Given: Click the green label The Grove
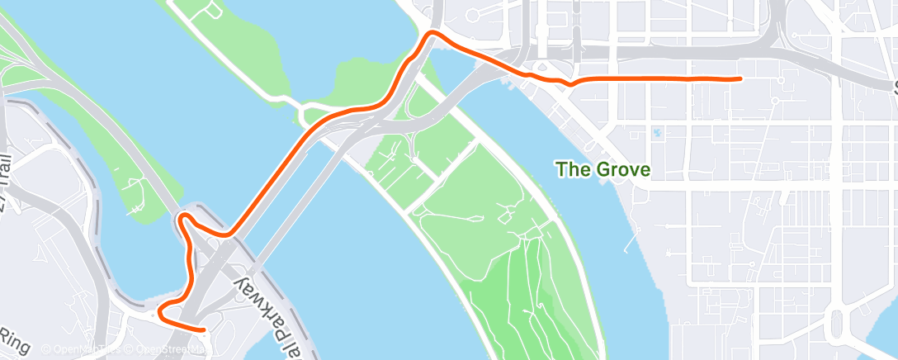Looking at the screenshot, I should coord(603,170).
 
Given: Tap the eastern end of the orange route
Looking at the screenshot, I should coord(740,78).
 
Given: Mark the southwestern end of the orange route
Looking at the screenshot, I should coord(203,329).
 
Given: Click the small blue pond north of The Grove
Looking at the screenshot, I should coord(656,132).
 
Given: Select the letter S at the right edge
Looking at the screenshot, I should coord(894,85).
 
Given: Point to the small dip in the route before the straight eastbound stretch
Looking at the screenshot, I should coord(569,83).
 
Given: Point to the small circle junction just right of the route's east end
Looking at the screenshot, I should coord(775,101).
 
